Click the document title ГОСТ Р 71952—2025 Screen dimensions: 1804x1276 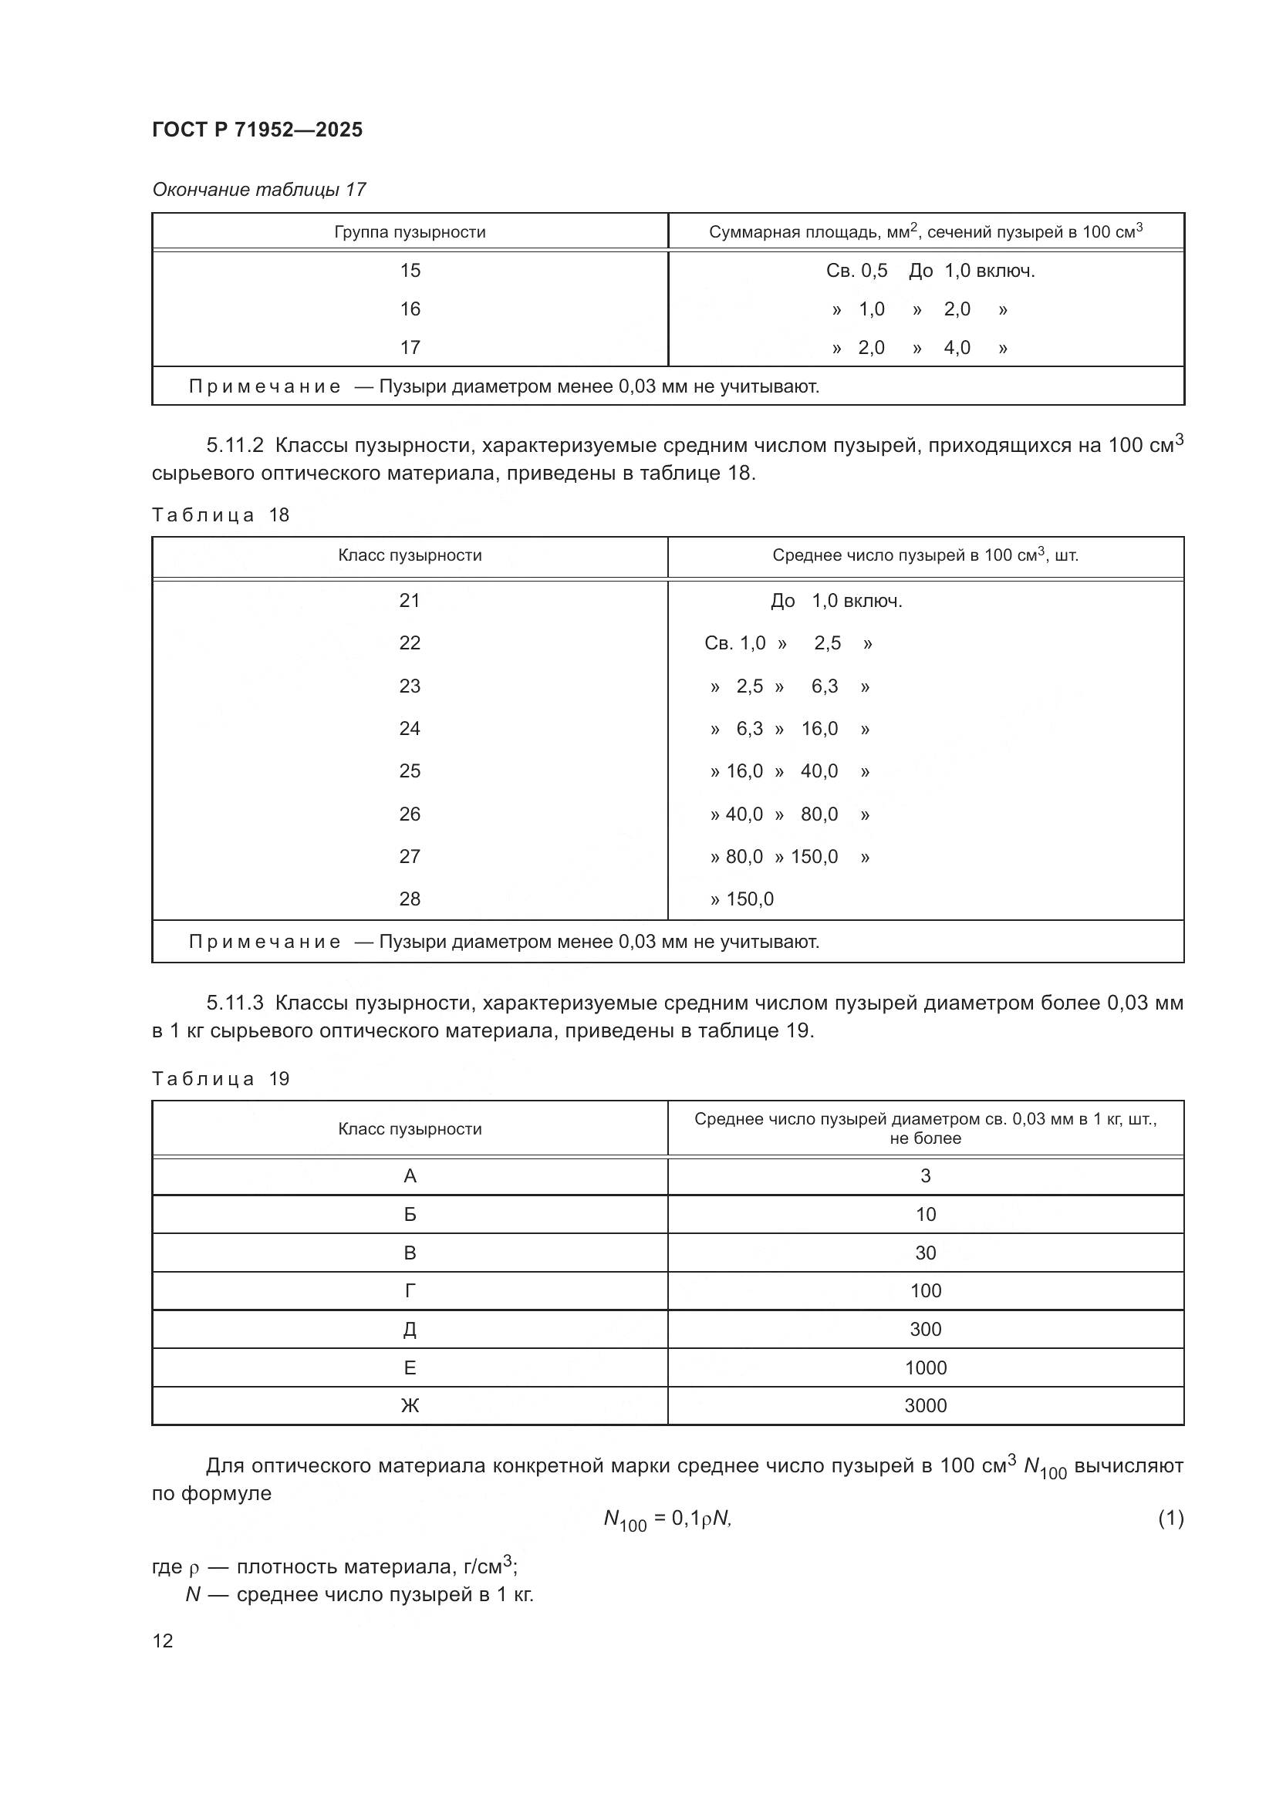pyautogui.click(x=257, y=130)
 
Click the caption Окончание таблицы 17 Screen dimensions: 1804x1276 pyautogui.click(x=258, y=190)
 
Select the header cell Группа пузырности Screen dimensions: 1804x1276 pyautogui.click(x=410, y=232)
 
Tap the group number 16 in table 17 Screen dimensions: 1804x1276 pyautogui.click(x=410, y=309)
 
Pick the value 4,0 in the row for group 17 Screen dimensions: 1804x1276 pyautogui.click(x=957, y=347)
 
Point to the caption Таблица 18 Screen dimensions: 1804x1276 pyautogui.click(x=221, y=515)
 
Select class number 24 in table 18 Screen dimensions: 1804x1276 pyautogui.click(x=410, y=728)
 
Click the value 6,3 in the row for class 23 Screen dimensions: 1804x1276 pyautogui.click(x=824, y=686)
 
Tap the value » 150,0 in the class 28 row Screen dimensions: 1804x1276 pyautogui.click(x=741, y=899)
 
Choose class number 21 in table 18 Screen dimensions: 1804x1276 pyautogui.click(x=410, y=601)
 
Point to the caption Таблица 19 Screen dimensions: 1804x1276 pyautogui.click(x=221, y=1079)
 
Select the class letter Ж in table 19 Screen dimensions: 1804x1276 pyautogui.click(x=410, y=1406)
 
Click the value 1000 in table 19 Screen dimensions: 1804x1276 pyautogui.click(x=925, y=1367)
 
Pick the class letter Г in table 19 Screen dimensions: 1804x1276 pyautogui.click(x=410, y=1291)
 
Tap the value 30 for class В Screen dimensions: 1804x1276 pyautogui.click(x=925, y=1253)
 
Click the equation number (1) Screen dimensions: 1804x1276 pyautogui.click(x=1170, y=1519)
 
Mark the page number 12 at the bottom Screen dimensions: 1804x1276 pyautogui.click(x=163, y=1640)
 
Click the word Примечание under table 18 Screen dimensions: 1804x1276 pyautogui.click(x=265, y=941)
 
